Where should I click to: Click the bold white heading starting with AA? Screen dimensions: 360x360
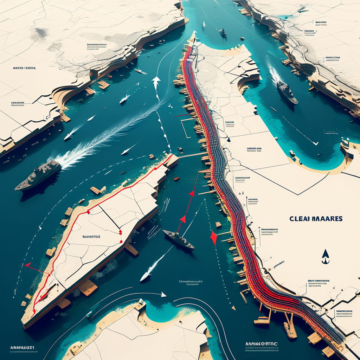(x=261, y=344)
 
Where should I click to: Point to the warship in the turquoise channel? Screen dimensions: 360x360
(x=287, y=92)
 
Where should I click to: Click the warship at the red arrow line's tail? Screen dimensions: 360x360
(x=178, y=239)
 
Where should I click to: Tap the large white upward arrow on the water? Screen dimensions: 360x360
(x=156, y=82)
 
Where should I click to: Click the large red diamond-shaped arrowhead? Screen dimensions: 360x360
(x=213, y=237)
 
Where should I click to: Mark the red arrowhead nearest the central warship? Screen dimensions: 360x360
(x=182, y=219)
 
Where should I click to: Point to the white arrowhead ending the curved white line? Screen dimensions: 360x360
(x=163, y=294)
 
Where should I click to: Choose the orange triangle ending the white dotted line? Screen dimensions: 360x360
(x=233, y=308)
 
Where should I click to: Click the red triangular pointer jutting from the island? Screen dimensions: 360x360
(x=28, y=264)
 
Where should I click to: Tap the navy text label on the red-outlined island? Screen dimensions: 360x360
(x=91, y=237)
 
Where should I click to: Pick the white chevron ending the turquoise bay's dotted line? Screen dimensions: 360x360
(x=315, y=143)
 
